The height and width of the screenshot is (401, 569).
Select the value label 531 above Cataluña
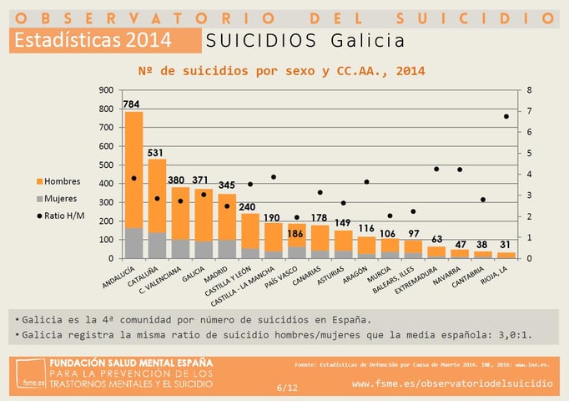[x=157, y=152]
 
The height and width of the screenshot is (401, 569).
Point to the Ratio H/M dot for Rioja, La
[x=506, y=116]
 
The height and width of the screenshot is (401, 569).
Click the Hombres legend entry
[x=63, y=181]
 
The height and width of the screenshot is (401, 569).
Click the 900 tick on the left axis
[x=106, y=90]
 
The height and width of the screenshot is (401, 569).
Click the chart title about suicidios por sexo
[x=282, y=71]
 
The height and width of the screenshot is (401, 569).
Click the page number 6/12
[x=286, y=388]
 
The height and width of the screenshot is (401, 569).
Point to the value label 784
[x=132, y=104]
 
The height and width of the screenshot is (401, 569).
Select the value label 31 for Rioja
[x=506, y=244]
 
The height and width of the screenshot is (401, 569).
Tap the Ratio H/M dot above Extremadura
[x=436, y=169]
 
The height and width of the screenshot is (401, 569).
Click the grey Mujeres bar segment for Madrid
[x=227, y=249]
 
